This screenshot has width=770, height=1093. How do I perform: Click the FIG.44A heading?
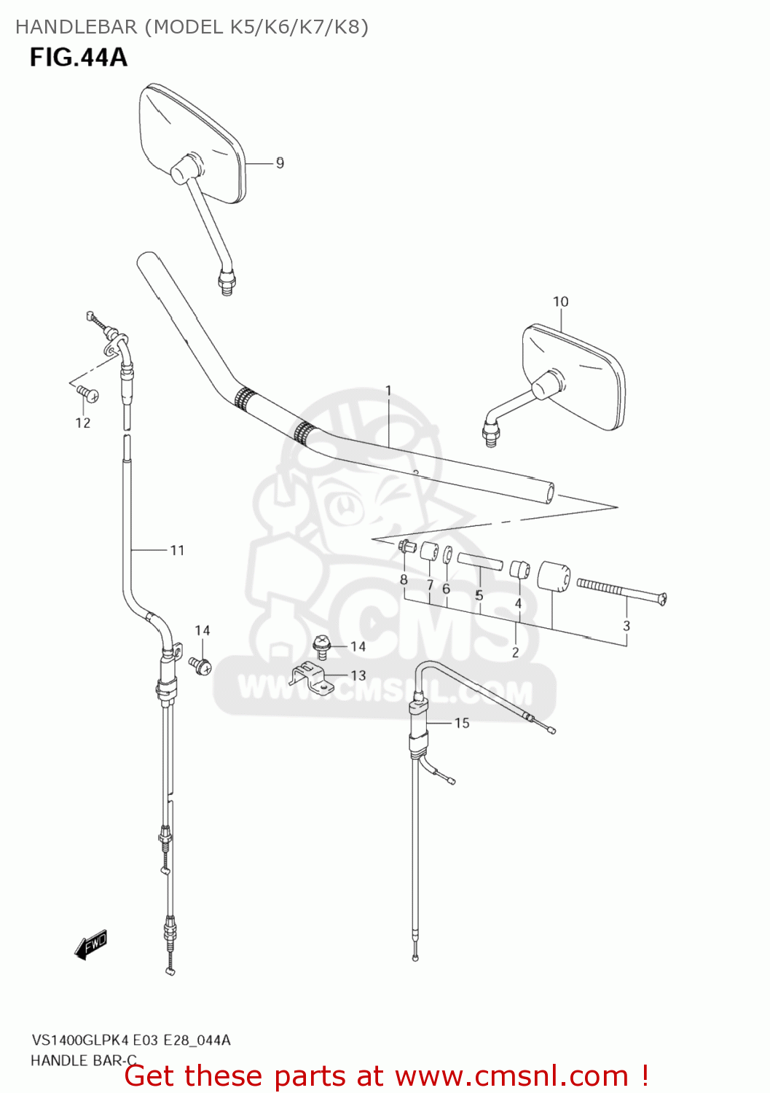coord(79,57)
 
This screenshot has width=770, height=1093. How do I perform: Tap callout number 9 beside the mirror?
coord(280,163)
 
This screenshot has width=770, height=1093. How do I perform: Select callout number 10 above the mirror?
coord(560,302)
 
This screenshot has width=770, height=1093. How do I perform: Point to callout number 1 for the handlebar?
coord(388,391)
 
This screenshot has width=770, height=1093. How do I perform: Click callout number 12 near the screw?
coord(83,423)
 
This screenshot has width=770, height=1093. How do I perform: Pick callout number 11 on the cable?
coord(177,550)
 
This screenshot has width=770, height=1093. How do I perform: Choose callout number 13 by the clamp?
coord(358,675)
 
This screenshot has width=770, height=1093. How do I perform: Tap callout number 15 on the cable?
coord(462,723)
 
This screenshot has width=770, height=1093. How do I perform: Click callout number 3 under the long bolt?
coord(626,625)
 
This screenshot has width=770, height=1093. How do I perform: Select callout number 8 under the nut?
coord(404,580)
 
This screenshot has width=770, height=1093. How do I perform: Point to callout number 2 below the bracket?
coord(515,652)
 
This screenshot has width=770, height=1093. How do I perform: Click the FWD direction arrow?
coord(91,944)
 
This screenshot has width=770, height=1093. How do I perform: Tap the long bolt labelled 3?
coord(621,591)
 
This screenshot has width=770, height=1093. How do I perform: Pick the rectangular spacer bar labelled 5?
coord(479,562)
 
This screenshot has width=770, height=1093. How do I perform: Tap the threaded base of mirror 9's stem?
coord(227,281)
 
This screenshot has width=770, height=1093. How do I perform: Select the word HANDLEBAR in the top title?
coord(76,27)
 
